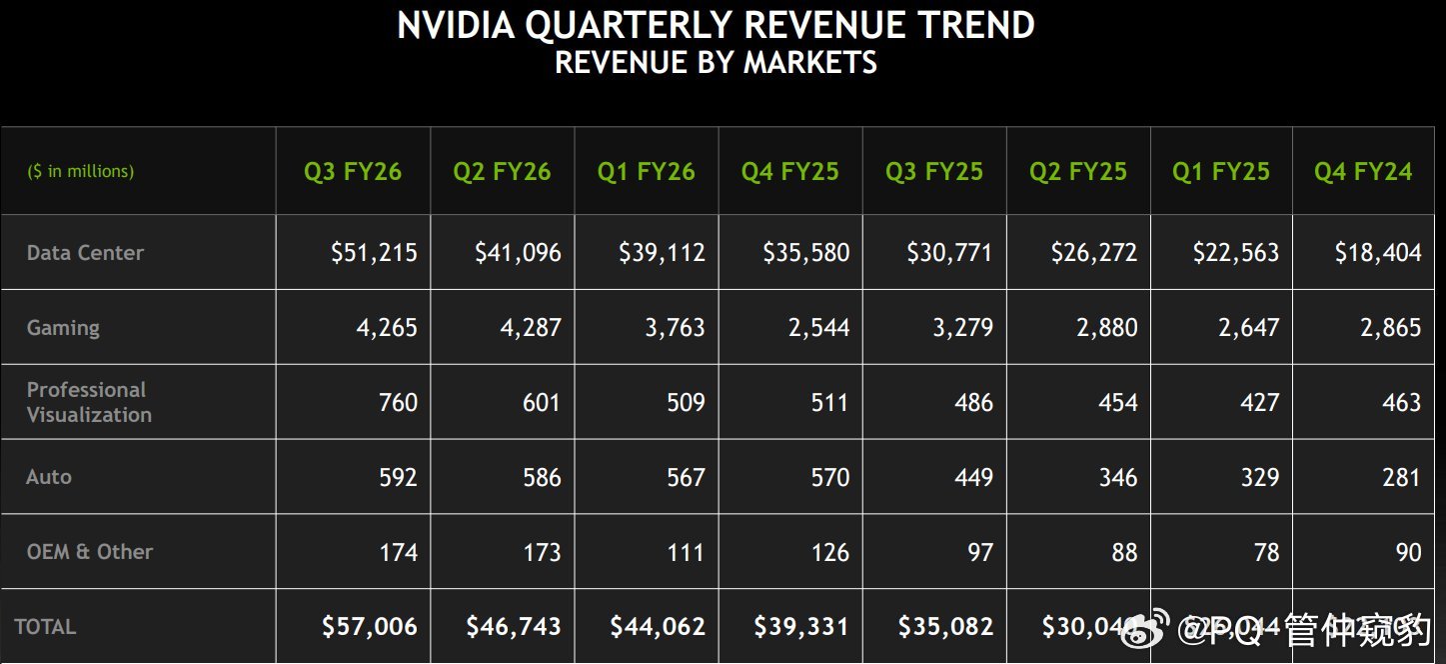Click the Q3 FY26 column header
pos(353,172)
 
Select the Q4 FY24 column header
pos(1363,172)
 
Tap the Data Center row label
pos(85,253)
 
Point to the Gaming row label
pos(63,328)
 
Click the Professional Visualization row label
pos(89,402)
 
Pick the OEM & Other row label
pos(90,552)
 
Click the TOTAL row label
pos(45,627)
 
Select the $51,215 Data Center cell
pos(374,253)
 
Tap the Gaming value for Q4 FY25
pos(818,328)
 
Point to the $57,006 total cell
pos(370,627)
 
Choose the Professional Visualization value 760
pos(398,403)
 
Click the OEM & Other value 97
pos(980,553)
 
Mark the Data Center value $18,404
pos(1377,253)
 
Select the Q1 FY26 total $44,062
pos(658,627)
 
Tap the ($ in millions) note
pos(80,172)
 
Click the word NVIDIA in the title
pos(456,25)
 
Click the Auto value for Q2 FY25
pos(1117,478)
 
